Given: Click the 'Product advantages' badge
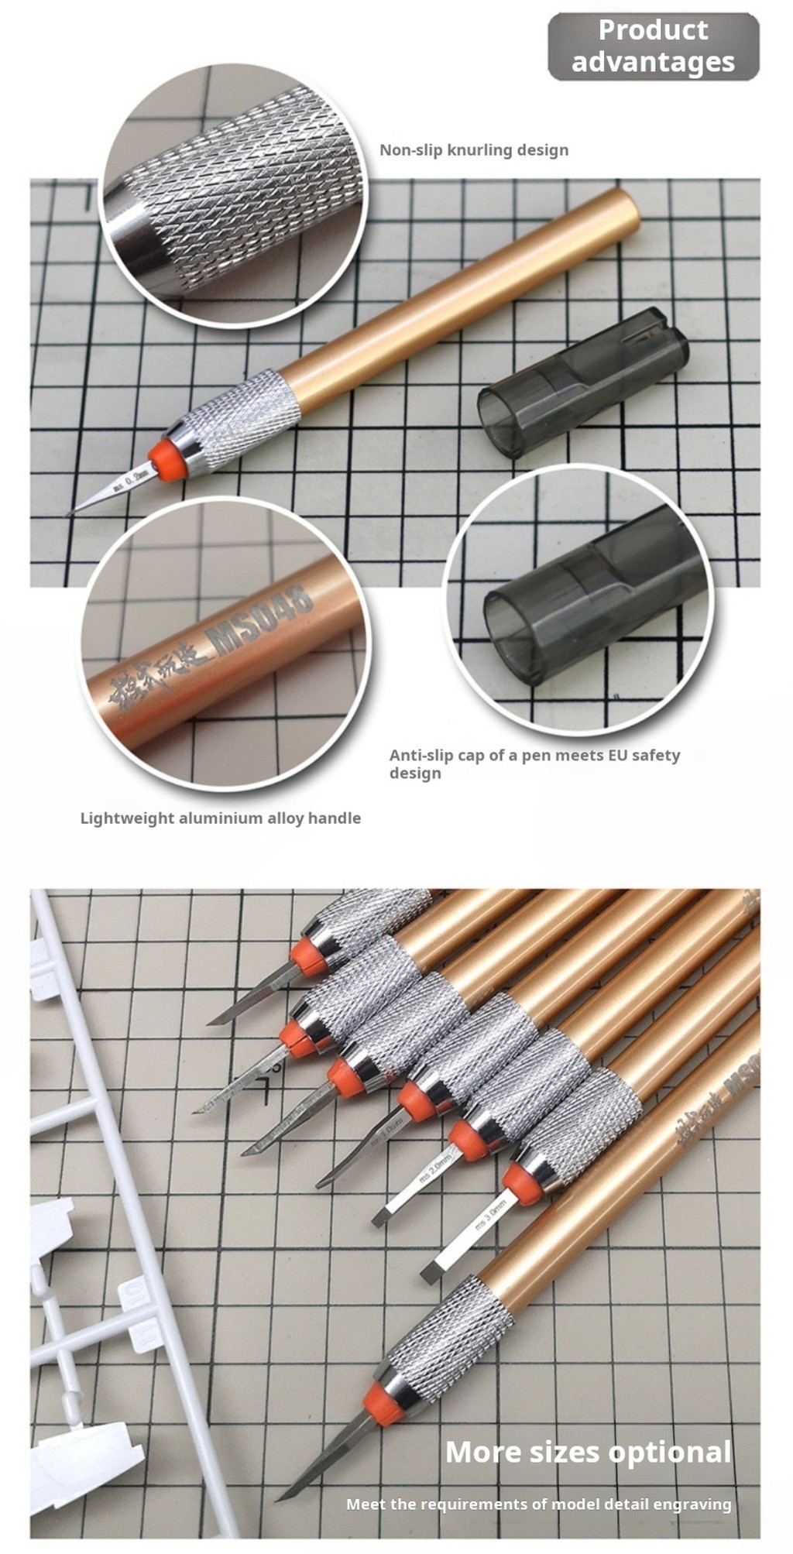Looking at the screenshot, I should click(653, 46).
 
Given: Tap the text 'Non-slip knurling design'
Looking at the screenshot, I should click(473, 150).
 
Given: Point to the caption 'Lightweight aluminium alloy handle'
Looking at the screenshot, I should click(221, 818).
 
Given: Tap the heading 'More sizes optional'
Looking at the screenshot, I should click(588, 1452).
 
